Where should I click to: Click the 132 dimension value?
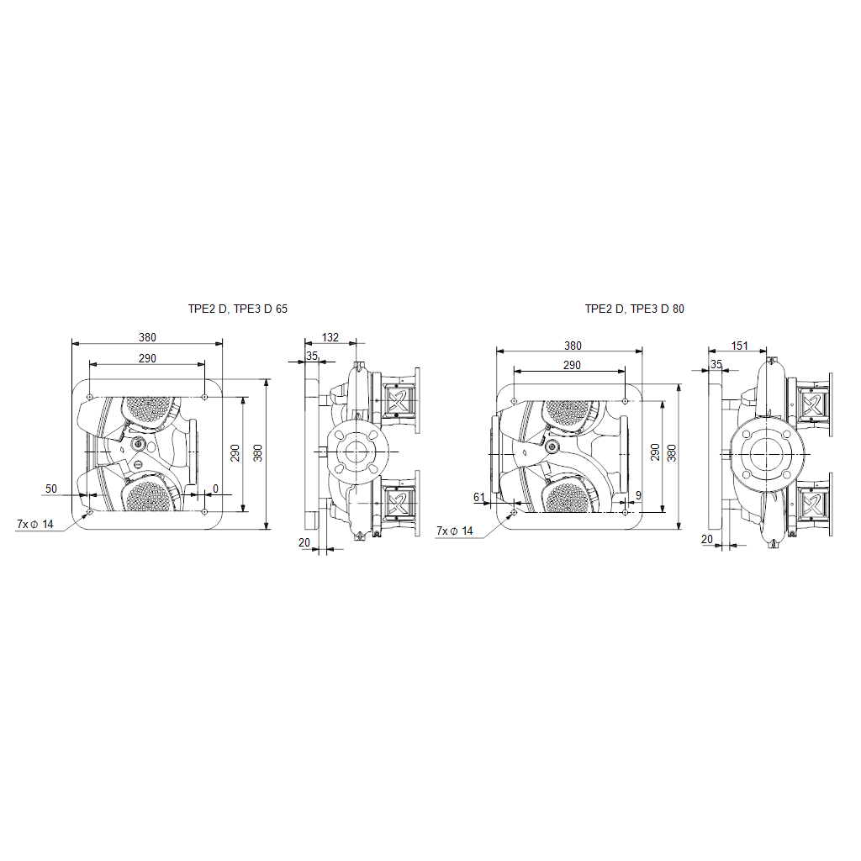coord(330,337)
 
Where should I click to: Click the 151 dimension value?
coord(740,346)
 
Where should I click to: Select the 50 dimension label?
coord(51,489)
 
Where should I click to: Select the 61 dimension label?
coord(479,498)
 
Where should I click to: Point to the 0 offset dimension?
coord(215,489)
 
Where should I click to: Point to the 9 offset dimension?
coord(638,496)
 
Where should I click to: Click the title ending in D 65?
coord(238,309)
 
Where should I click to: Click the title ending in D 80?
coord(634,309)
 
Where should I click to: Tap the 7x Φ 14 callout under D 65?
coord(35,525)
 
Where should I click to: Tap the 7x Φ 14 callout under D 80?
coord(455,531)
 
